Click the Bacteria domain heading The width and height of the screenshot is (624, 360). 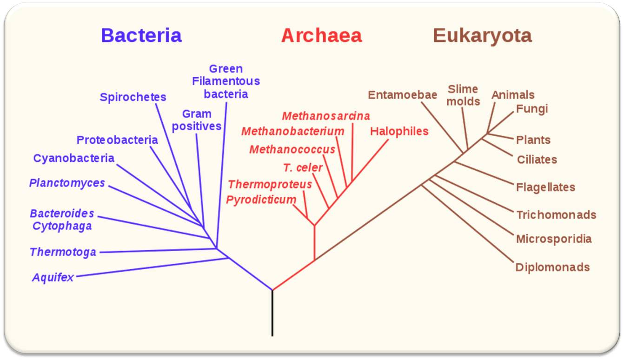coord(141,35)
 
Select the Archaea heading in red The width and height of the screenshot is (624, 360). coord(321,35)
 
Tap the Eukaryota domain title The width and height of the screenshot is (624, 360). coord(482,36)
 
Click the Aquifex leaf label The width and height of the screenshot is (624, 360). coord(53,277)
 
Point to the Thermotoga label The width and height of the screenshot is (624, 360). coord(63,252)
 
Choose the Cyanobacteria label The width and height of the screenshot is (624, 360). coord(73,158)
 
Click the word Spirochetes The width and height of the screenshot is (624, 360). coord(133,97)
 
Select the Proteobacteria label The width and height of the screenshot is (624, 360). coord(117,140)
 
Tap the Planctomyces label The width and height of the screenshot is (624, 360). coord(67,183)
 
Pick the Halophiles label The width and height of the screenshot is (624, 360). coord(399,131)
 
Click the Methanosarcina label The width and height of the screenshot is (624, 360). coord(326,116)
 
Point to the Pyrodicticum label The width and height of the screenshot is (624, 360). coord(261,200)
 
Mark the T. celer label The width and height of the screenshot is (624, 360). coord(303,168)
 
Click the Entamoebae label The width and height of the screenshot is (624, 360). coord(403,95)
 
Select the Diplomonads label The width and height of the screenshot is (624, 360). coord(552,267)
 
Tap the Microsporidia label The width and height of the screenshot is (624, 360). coord(554,239)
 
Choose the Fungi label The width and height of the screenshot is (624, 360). coord(532,109)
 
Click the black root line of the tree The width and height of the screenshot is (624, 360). coord(272,313)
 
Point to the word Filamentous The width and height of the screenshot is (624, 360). coord(226,81)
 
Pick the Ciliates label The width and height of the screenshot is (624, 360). coord(537,160)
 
